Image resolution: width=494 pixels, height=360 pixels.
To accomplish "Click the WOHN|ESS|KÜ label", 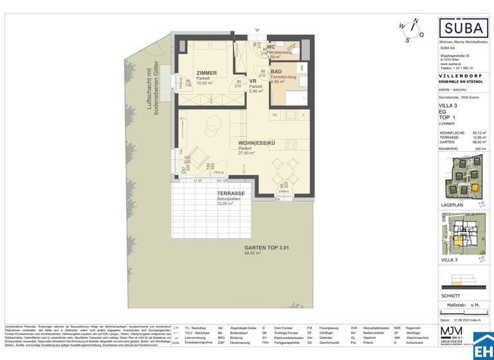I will pos(240,142).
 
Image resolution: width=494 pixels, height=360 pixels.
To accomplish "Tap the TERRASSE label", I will pos(230,194).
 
